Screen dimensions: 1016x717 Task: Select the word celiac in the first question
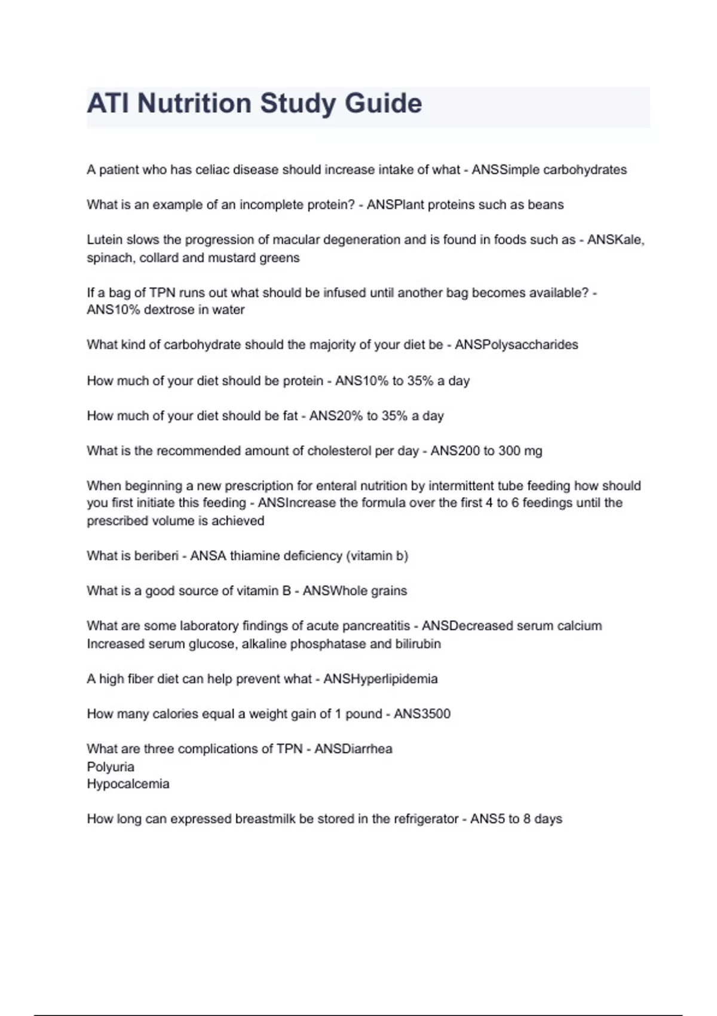[212, 170]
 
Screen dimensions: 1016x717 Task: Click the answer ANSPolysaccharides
[516, 345]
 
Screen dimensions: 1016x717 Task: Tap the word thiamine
[255, 556]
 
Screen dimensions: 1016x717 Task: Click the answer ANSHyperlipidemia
[380, 679]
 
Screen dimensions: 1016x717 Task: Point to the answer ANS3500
[422, 714]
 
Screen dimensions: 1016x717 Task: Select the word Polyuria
[111, 767]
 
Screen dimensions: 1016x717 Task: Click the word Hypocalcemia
[128, 784]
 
